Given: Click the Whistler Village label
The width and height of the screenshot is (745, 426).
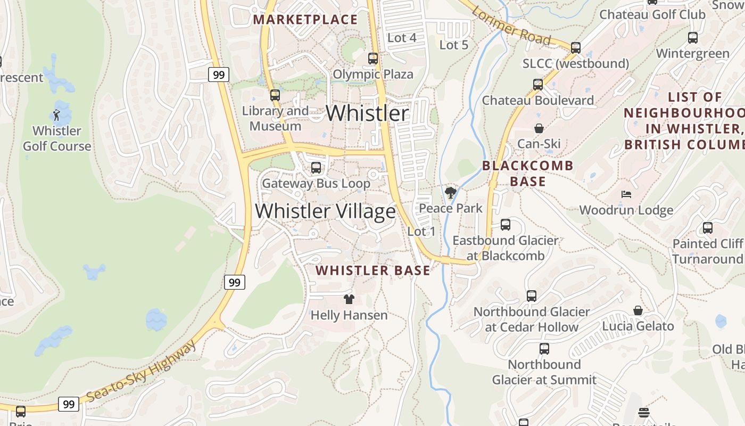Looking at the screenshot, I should click(325, 211).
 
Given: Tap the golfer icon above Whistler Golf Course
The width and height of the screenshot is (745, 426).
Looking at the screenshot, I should click(56, 114).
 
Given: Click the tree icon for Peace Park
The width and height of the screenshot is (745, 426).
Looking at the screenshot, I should click(451, 192).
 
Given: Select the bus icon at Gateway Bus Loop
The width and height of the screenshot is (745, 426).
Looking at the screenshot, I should click(316, 168).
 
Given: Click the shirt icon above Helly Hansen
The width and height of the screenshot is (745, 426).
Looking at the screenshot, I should click(349, 299).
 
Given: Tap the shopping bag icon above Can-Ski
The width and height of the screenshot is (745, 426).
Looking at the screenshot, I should click(539, 128).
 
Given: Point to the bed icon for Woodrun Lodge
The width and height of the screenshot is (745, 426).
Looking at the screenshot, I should click(626, 194).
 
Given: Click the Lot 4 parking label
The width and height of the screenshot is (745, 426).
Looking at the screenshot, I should click(402, 38).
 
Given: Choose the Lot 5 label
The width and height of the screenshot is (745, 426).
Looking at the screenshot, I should click(453, 45).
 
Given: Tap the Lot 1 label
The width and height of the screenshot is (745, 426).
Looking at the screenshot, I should click(421, 232).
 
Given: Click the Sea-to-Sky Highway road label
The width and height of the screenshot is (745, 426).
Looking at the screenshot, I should click(141, 372).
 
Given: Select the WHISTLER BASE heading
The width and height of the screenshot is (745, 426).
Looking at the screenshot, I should click(372, 271).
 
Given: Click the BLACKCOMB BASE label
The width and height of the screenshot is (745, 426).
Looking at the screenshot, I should click(528, 174).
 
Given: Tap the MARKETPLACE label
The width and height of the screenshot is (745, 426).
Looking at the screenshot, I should click(305, 20).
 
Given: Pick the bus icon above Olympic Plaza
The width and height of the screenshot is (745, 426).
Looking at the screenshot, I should click(373, 59).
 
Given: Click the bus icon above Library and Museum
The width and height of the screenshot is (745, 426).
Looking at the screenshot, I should click(275, 95).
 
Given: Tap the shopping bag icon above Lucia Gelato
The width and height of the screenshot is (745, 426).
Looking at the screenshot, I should click(638, 310).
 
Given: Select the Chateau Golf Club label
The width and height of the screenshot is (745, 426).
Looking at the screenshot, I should click(652, 14).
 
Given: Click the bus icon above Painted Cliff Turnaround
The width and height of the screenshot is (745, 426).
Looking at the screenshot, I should click(707, 228).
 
